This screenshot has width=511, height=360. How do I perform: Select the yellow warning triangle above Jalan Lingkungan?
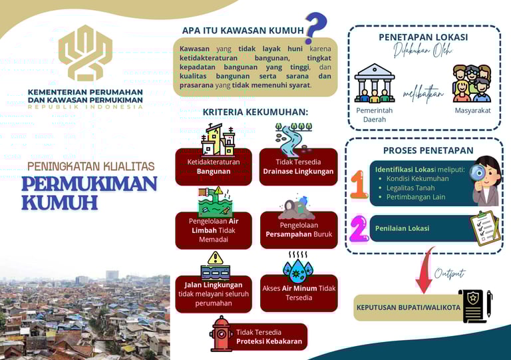pos(215,258)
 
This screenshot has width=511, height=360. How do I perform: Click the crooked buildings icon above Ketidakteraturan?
pos(218,140)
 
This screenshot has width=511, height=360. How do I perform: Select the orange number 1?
pos(359,185)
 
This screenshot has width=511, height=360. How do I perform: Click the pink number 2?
pos(359,228)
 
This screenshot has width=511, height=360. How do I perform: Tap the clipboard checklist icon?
pos(484,228)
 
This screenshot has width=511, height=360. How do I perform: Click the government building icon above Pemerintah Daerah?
pos(375,83)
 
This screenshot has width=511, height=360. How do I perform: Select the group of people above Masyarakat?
pos(472,83)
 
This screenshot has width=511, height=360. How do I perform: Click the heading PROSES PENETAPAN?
pos(428,150)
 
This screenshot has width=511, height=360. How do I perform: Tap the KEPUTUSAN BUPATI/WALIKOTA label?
pos(408,307)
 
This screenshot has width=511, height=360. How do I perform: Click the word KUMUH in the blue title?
pos(59,202)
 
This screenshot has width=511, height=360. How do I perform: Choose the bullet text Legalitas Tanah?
pos(411,188)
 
